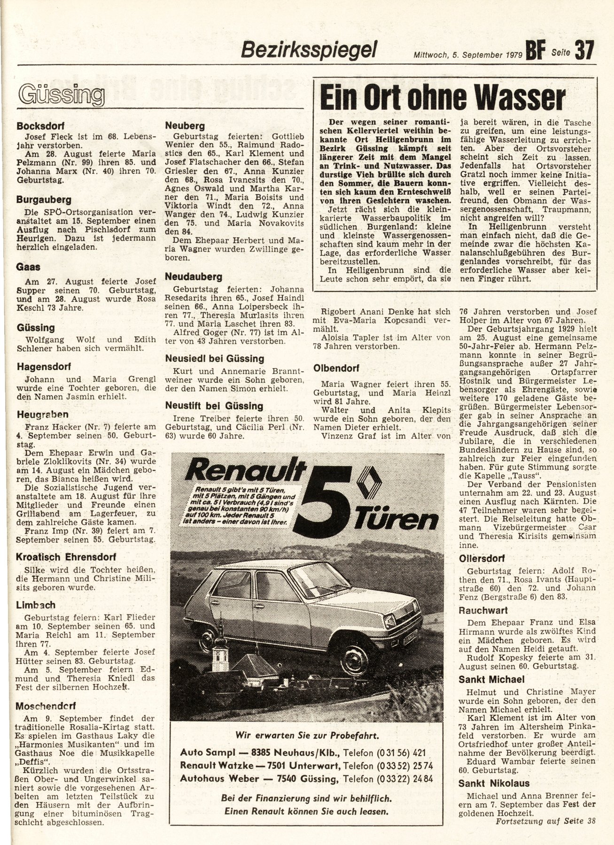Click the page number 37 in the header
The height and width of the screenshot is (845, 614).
(x=584, y=50)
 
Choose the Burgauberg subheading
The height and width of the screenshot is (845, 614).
(x=44, y=200)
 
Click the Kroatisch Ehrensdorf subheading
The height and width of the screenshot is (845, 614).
(x=66, y=557)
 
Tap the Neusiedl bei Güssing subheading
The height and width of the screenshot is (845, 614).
(x=215, y=359)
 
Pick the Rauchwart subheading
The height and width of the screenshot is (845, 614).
(x=483, y=610)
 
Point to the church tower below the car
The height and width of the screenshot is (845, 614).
(x=218, y=650)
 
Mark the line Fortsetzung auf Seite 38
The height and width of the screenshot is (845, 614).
(x=545, y=834)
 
